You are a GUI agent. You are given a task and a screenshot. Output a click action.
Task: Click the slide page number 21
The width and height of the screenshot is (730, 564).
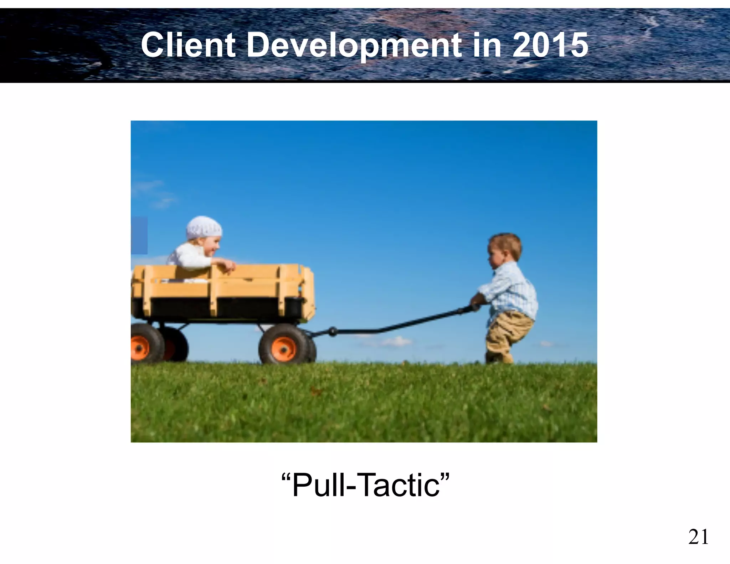[698, 537]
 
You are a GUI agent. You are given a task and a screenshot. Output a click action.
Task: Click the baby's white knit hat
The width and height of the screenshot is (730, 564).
[204, 228]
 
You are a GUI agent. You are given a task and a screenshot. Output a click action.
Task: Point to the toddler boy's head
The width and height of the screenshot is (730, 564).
[504, 250]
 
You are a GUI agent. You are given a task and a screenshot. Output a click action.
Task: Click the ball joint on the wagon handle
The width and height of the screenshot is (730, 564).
[333, 332]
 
